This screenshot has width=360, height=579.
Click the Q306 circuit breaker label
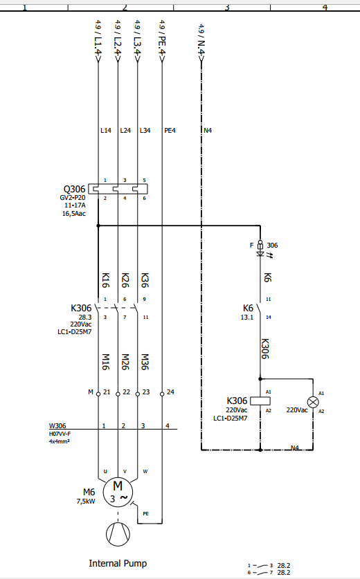point(74,189)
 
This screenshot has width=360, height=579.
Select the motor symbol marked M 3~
point(118,493)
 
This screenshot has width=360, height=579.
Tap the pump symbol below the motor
point(118,534)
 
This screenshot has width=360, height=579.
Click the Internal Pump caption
point(118,563)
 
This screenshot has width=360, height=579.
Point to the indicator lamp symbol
point(313,402)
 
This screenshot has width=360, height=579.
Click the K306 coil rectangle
point(260,401)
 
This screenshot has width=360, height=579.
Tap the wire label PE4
point(170,130)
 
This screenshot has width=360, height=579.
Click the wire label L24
point(125,130)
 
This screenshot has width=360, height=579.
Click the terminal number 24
point(170,392)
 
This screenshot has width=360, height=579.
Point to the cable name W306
point(57,425)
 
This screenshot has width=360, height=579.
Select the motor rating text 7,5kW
point(86,501)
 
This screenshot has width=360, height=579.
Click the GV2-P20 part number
point(73,198)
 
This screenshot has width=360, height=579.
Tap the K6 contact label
point(248,308)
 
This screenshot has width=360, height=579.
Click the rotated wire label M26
point(125,362)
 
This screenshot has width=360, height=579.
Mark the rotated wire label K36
point(145,280)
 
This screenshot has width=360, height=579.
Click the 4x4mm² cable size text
point(60,441)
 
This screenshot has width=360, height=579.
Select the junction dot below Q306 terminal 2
point(98,226)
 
